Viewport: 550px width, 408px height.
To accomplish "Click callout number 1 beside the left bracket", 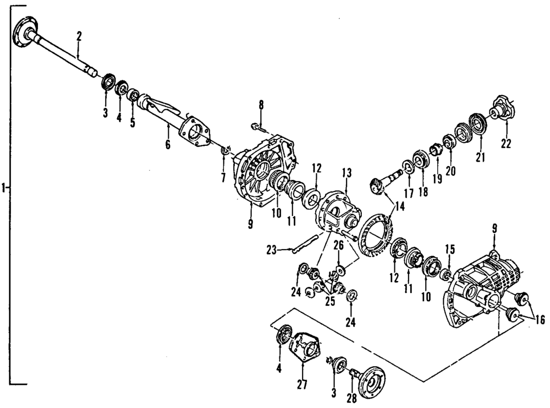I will coord(4,188).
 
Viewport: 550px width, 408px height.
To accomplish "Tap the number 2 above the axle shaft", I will coord(79,37).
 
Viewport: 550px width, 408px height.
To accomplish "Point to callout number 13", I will coord(346,173).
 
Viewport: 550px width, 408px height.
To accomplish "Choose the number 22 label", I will coord(506,144).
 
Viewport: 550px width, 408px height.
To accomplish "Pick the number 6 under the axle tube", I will coord(168,145).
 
